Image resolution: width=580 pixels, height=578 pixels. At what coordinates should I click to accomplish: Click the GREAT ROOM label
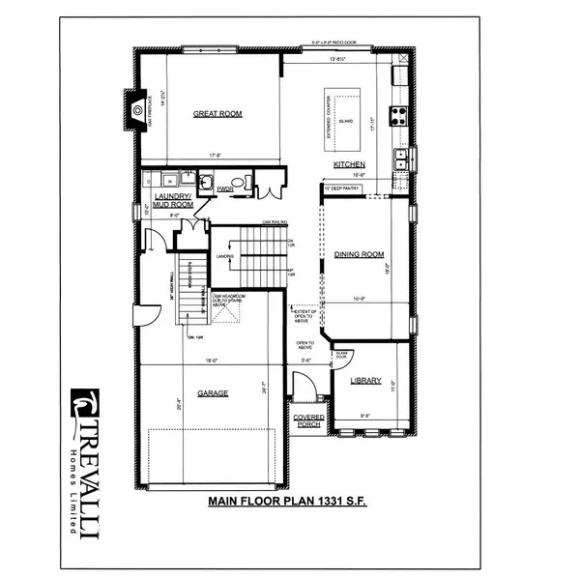coord(217,114)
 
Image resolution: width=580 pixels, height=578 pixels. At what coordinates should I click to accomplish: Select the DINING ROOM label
coord(354,254)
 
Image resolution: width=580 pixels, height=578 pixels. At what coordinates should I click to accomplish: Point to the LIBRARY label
coord(365,380)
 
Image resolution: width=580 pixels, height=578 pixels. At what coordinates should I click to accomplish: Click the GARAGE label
coord(214,393)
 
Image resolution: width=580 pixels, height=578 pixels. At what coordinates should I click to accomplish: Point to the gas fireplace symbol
coord(137,109)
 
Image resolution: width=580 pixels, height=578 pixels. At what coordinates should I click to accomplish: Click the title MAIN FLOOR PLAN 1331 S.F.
coord(289,502)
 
